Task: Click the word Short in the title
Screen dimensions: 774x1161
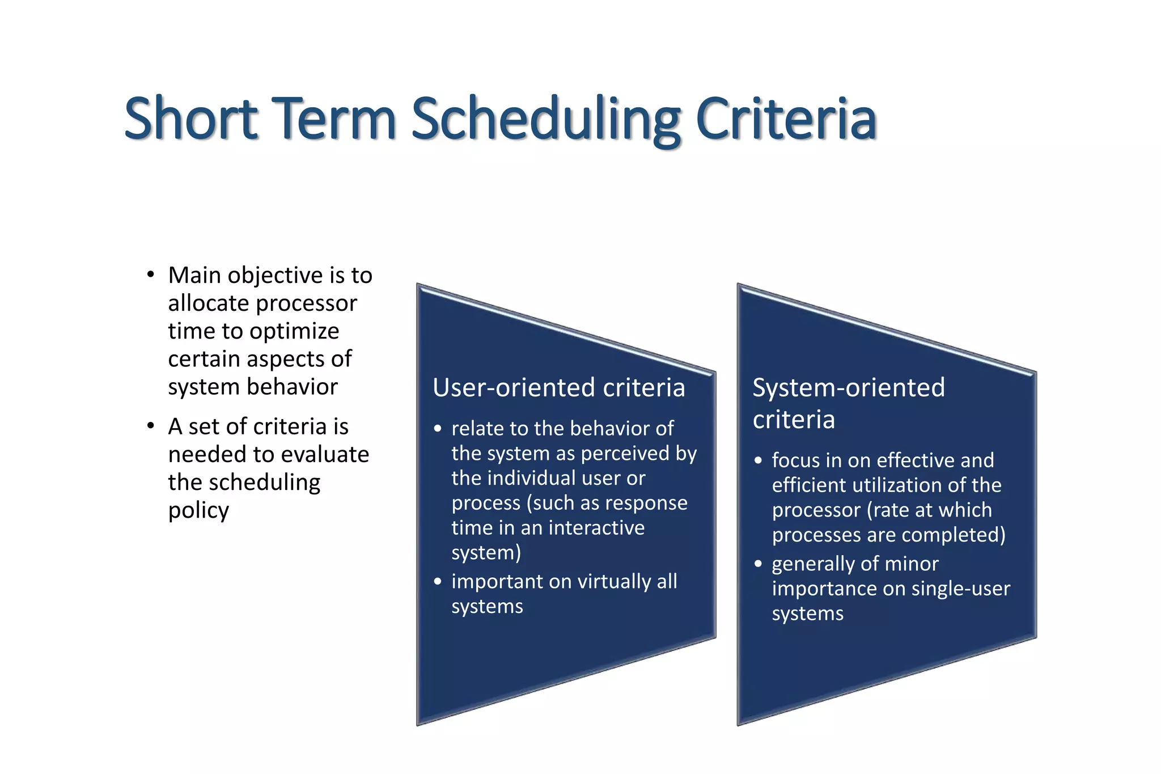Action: coord(191,119)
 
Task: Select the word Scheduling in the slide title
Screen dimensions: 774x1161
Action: coord(545,119)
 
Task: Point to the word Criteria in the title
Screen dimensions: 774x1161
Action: coord(786,119)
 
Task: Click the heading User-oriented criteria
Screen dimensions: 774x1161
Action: coord(558,388)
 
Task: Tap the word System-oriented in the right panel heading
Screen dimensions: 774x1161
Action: coord(848,388)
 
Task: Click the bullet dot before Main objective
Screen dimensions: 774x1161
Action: coord(150,275)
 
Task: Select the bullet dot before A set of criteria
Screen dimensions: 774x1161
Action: coord(150,426)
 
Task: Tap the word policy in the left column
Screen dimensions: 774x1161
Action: coord(198,511)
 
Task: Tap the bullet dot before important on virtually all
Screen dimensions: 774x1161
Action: coord(437,581)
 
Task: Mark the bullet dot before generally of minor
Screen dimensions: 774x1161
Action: coord(758,564)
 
